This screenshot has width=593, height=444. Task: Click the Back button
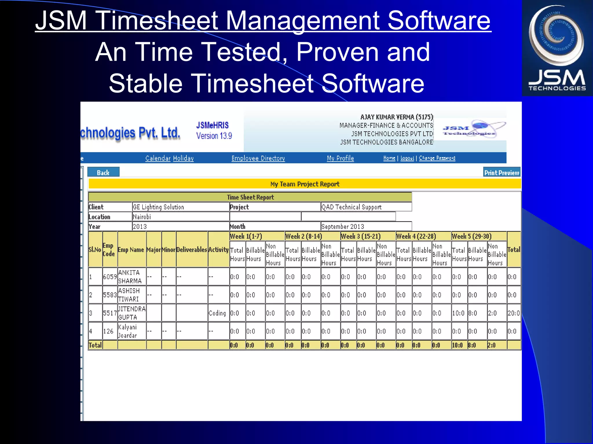coord(103,173)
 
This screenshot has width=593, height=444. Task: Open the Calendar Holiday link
coord(169,158)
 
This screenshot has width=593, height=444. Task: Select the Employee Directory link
coord(258,158)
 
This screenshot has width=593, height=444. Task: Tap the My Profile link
coord(340,158)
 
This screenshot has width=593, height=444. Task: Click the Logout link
coord(407,158)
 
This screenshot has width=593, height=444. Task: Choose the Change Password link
coord(437,158)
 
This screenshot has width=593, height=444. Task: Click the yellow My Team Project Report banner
coord(305,184)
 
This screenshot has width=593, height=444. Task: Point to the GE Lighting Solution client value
coord(158,207)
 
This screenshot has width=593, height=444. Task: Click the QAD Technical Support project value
coord(352,207)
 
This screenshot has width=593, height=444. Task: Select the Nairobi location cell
coord(142,217)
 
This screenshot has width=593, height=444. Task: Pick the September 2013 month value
coord(343,226)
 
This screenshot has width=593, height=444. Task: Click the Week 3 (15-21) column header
coord(361,236)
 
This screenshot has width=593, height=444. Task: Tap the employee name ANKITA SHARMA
coord(130,277)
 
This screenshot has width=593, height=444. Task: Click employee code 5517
coord(110,313)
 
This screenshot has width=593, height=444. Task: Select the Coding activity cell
coord(217,313)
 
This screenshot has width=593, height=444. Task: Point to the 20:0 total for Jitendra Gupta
coord(513,313)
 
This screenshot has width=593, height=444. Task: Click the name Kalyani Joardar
coord(127,331)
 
